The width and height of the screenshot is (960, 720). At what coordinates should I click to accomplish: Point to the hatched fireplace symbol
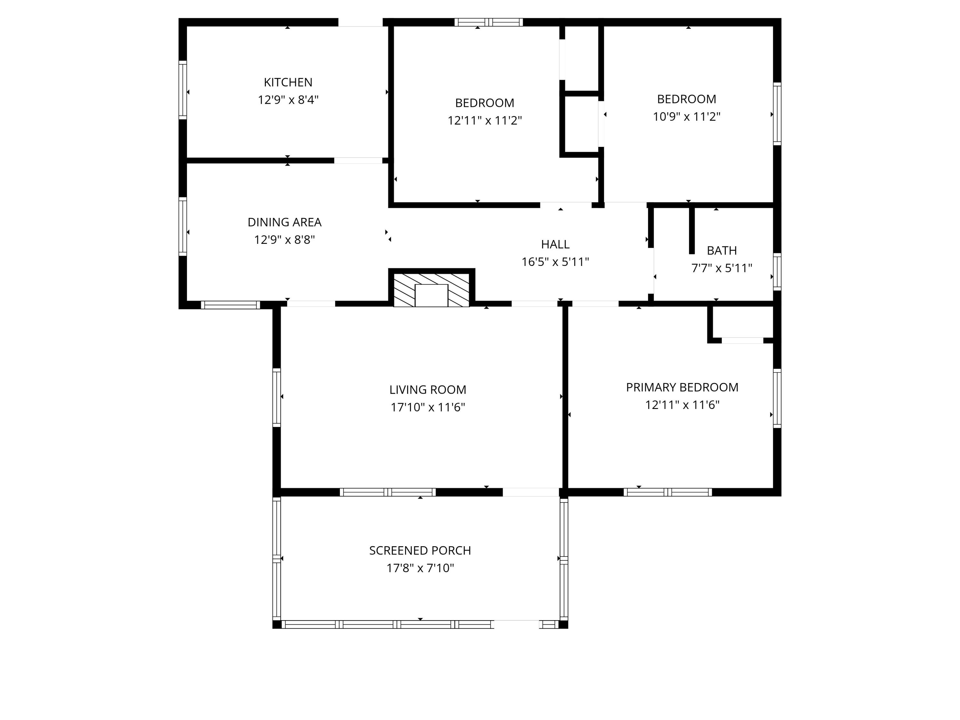pyautogui.click(x=431, y=290)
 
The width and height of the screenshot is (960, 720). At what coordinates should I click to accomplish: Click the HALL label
pyautogui.click(x=555, y=244)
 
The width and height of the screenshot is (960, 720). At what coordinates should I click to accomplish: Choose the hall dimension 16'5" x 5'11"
pyautogui.click(x=555, y=262)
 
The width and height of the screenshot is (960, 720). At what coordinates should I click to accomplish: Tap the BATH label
pyautogui.click(x=721, y=251)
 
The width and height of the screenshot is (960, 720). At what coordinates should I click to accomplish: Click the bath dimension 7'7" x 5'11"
pyautogui.click(x=721, y=268)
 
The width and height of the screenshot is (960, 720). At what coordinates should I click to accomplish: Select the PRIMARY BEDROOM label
pyautogui.click(x=682, y=387)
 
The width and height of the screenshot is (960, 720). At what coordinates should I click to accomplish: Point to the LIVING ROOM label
pyautogui.click(x=428, y=390)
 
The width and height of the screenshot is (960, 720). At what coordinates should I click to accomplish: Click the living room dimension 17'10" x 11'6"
pyautogui.click(x=428, y=407)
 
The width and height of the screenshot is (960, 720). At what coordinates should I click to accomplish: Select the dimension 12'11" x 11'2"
pyautogui.click(x=484, y=120)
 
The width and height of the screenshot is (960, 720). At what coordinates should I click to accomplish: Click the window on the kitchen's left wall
pyautogui.click(x=183, y=90)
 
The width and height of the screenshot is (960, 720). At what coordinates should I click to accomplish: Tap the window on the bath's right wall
pyautogui.click(x=777, y=272)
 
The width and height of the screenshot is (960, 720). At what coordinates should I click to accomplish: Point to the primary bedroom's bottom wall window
pyautogui.click(x=668, y=492)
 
